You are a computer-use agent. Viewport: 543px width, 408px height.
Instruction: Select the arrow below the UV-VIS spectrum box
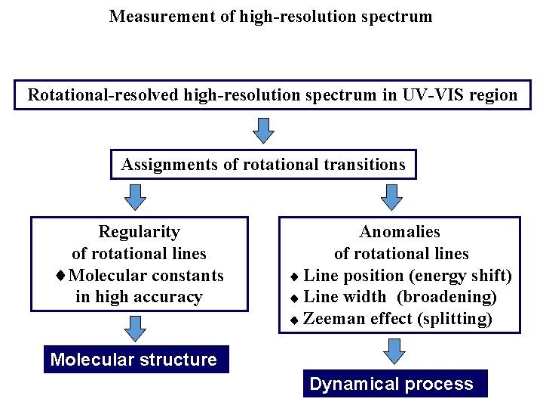coord(263,130)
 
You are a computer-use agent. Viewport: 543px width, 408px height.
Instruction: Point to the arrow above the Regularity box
coord(134,197)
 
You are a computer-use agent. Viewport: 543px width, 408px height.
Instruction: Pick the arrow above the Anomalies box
coord(392,197)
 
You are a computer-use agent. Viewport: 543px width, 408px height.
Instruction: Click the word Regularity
coord(140,231)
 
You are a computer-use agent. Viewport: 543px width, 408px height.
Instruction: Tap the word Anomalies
coord(400,231)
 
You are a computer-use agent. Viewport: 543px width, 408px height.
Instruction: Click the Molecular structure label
coord(133,360)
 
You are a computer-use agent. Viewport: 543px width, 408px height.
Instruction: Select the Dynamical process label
coord(391,384)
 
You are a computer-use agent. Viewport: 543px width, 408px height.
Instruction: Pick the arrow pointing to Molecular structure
coord(134,329)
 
